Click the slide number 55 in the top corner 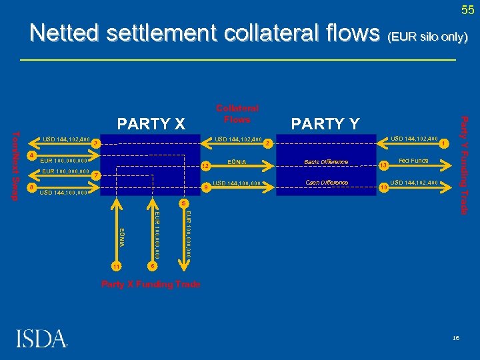[x=467, y=9]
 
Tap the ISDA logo [x=41, y=338]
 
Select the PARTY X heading [x=151, y=123]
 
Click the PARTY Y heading [x=325, y=123]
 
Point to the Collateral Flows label [x=237, y=114]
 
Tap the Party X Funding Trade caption [x=150, y=284]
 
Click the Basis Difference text [x=326, y=162]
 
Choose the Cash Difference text [x=326, y=183]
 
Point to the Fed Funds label [x=413, y=161]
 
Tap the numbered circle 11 [x=117, y=266]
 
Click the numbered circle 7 [x=97, y=175]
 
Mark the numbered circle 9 [x=206, y=187]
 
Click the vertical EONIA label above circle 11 [x=121, y=237]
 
